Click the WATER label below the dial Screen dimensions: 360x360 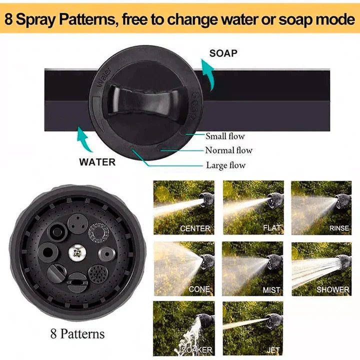click(x=97, y=161)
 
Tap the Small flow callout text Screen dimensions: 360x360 click(x=225, y=136)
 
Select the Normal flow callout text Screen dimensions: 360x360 click(x=228, y=150)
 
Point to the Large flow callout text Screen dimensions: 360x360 click(x=225, y=165)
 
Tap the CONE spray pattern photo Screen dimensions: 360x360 click(x=183, y=269)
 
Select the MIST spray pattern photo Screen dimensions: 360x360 click(x=253, y=269)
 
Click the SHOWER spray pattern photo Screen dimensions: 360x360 click(x=321, y=269)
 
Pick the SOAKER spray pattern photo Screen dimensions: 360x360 click(x=183, y=328)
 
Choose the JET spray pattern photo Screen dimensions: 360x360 click(x=253, y=328)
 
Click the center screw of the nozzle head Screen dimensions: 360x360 click(x=76, y=254)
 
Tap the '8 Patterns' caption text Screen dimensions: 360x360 click(x=77, y=334)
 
